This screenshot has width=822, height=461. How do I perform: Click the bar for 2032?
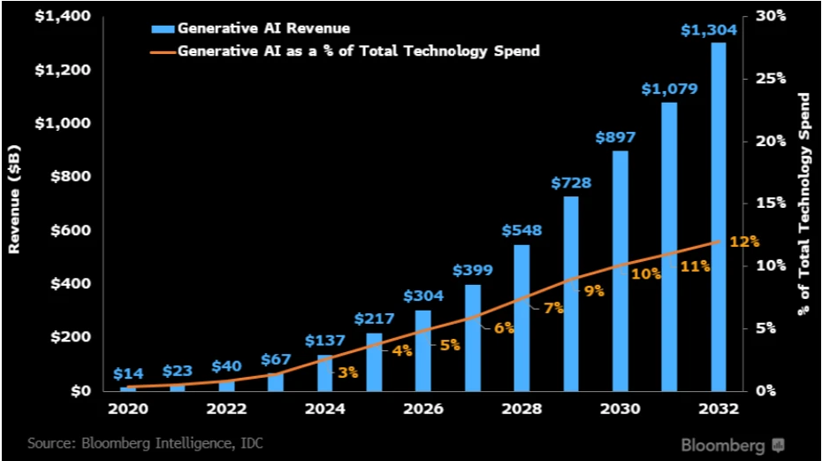tap(718, 217)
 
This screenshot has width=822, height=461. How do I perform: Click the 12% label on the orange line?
tap(744, 241)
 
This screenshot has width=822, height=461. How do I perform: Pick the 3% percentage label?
tap(347, 373)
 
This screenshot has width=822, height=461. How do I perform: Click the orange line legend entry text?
tap(358, 50)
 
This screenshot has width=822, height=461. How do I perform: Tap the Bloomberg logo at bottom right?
tap(733, 443)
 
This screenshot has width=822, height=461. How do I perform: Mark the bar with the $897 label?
tap(620, 270)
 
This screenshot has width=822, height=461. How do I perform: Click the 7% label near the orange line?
tap(553, 308)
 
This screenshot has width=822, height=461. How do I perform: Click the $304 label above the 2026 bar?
tap(423, 296)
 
